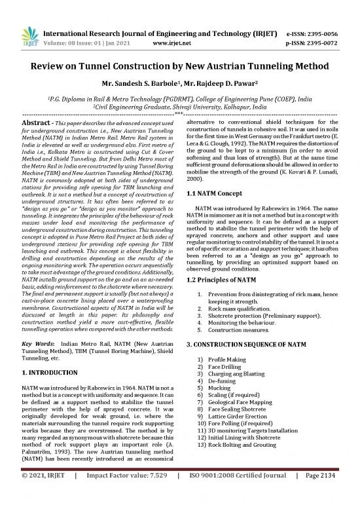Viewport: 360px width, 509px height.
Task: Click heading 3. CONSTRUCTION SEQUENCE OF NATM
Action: tap(253, 343)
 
